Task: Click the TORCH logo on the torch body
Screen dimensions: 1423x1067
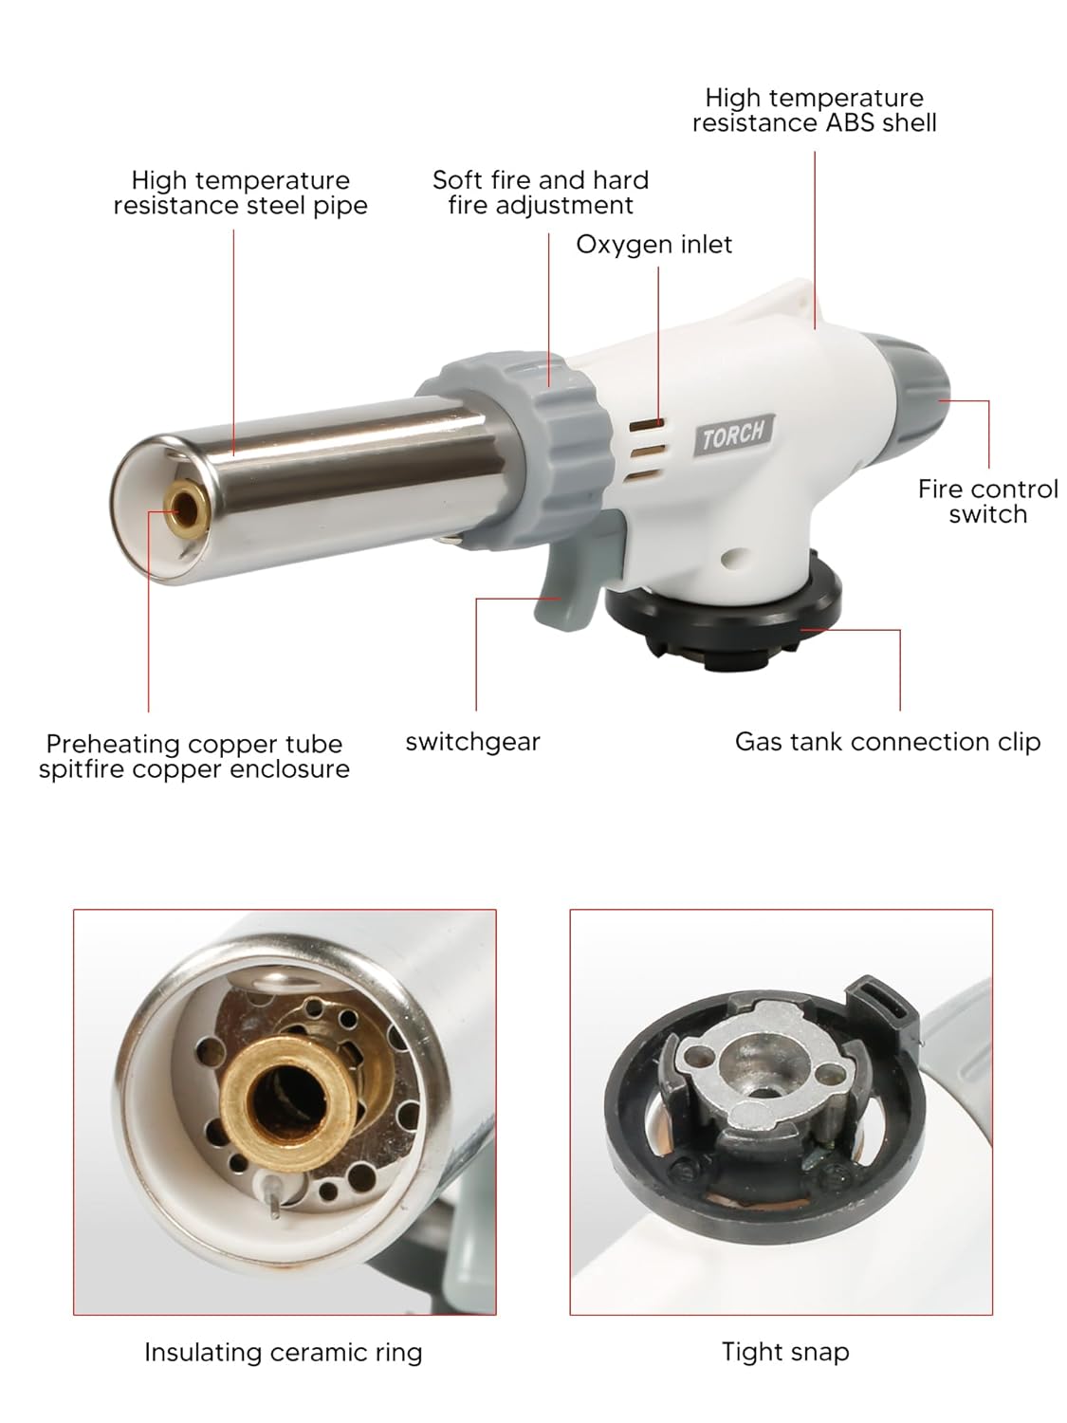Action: click(x=732, y=434)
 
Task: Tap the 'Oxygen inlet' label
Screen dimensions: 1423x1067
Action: click(x=653, y=245)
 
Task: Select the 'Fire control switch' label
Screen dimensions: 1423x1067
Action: click(x=987, y=501)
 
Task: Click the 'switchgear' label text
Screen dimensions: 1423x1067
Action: click(x=472, y=742)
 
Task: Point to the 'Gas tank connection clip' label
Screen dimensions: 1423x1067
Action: click(x=887, y=742)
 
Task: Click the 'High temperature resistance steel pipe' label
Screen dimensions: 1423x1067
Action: click(x=240, y=193)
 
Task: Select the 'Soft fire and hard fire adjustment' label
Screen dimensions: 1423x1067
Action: click(x=541, y=193)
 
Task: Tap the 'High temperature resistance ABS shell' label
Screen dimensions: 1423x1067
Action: click(x=814, y=110)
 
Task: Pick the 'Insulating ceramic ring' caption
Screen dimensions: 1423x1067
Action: click(x=283, y=1352)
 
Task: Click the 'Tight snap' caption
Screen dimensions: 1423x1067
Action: click(x=784, y=1352)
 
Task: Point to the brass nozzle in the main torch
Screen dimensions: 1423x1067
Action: click(x=182, y=506)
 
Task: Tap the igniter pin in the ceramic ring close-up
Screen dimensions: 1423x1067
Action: click(x=272, y=1197)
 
